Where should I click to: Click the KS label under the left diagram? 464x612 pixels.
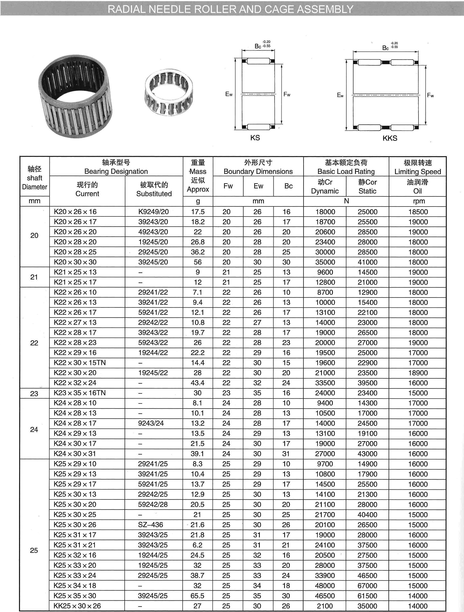tap(255, 138)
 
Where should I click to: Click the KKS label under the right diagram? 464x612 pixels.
tap(390, 138)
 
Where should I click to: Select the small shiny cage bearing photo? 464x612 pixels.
tap(169, 92)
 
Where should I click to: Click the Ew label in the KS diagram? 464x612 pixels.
tap(229, 94)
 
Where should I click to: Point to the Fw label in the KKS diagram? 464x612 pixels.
tap(430, 95)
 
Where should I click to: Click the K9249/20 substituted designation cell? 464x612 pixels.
tap(154, 212)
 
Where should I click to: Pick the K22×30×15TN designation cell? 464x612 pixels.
tap(80, 363)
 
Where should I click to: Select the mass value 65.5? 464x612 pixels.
tap(198, 596)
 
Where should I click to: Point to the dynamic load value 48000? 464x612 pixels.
tap(325, 586)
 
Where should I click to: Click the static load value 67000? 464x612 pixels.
tap(367, 586)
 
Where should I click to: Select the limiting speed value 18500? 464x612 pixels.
tap(418, 212)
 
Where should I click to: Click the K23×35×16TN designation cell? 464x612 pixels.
tap(80, 393)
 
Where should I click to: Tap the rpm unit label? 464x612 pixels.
tap(419, 201)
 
